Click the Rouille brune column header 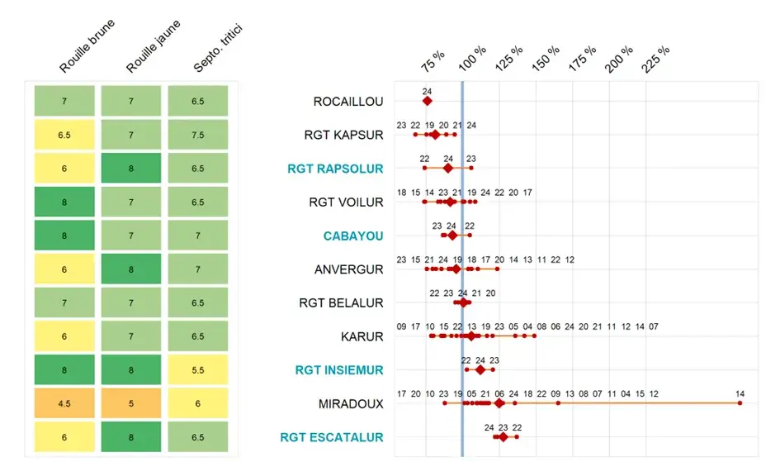(x=87, y=47)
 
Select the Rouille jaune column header (x=154, y=47)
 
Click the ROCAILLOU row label (x=348, y=102)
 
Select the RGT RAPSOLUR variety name (x=335, y=169)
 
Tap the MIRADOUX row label (x=351, y=404)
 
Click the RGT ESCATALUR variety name (x=332, y=437)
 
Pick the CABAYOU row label (x=353, y=236)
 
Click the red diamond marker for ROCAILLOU (x=428, y=101)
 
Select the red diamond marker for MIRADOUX (x=499, y=403)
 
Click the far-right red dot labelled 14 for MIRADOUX (x=740, y=403)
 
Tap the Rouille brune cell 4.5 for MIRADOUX (x=64, y=404)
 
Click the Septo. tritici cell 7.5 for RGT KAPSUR (x=198, y=135)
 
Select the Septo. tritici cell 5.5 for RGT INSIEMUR (x=198, y=370)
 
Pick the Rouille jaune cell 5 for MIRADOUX (x=131, y=404)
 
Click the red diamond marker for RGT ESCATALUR (x=503, y=436)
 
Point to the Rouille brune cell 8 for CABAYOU (x=64, y=236)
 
